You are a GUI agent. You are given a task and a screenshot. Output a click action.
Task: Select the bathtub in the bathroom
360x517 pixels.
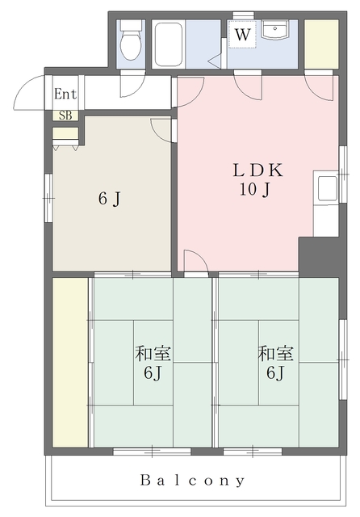tap(169, 44)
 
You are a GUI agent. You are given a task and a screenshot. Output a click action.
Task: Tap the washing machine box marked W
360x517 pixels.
tap(242, 34)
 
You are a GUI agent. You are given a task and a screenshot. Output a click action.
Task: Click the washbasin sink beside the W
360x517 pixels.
tap(275, 29)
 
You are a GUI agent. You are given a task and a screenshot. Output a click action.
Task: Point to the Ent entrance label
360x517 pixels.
tap(65, 94)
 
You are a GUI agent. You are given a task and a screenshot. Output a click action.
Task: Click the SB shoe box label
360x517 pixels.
tap(65, 116)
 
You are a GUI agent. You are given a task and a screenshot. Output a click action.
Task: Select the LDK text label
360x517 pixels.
tap(258, 170)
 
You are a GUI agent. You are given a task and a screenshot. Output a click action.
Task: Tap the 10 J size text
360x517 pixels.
tap(255, 190)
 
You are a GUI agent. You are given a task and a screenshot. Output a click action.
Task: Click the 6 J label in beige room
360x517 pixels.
tap(109, 199)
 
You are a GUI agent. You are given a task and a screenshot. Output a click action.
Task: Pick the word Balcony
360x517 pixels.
tap(193, 480)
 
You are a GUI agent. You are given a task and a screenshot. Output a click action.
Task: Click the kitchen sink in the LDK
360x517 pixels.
tap(325, 188)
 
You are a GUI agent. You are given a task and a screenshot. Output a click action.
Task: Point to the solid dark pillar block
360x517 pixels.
tap(319, 257)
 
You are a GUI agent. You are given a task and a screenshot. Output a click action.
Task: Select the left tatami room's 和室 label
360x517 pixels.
tap(153, 353)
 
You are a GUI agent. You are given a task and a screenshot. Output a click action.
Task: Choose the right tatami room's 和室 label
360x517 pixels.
tap(275, 353)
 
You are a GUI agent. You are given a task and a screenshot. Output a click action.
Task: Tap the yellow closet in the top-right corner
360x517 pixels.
tap(321, 44)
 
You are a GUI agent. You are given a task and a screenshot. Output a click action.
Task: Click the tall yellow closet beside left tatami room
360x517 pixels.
tap(70, 363)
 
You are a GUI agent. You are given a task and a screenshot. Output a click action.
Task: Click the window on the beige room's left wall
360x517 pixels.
tap(48, 198)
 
